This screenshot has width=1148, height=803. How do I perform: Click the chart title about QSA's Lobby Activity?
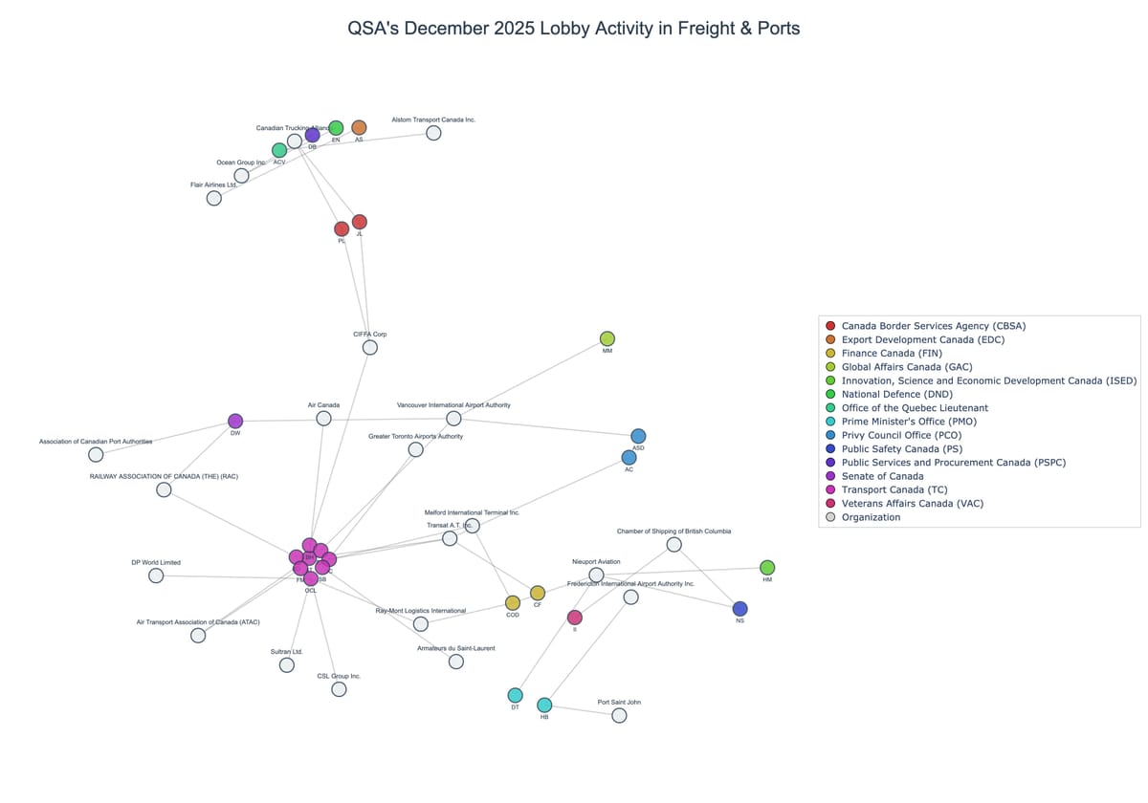[x=574, y=29]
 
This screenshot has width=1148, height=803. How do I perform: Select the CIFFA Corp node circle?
[x=370, y=347]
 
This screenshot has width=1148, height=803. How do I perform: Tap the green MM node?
[x=607, y=338]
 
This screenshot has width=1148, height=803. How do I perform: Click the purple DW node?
[x=235, y=421]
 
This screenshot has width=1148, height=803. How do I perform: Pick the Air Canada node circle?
[x=324, y=419]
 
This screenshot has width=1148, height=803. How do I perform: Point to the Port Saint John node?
[x=619, y=715]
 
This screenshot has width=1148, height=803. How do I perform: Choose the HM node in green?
[x=767, y=567]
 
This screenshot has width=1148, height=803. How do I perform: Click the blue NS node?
[x=740, y=609]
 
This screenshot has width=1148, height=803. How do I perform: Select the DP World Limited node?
[x=156, y=575]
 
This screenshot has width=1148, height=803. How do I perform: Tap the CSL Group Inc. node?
[x=339, y=689]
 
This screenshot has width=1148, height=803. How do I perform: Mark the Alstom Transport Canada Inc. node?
[x=433, y=133]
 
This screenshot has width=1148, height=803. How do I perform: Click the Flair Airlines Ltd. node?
[x=214, y=198]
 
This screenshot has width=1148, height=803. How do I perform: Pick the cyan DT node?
[x=515, y=695]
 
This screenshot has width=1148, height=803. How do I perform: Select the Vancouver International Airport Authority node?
[x=453, y=419]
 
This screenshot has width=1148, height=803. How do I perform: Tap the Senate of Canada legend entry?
[x=882, y=476]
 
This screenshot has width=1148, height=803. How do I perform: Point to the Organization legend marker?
[x=830, y=517]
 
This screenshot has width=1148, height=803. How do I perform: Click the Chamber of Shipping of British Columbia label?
[x=673, y=532]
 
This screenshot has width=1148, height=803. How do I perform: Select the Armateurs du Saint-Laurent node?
[x=456, y=662]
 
